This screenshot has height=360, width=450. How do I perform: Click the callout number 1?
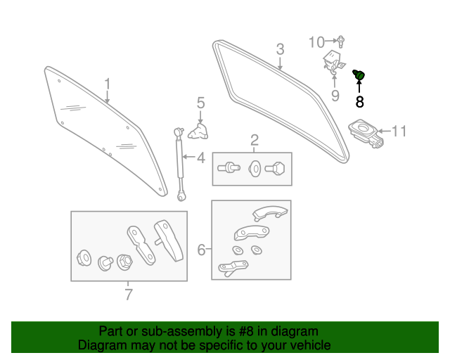coord(108,84)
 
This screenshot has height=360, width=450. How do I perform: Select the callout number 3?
coord(280,50)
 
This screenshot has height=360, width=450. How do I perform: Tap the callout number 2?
coord(254,139)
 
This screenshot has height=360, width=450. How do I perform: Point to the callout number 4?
coord(200,158)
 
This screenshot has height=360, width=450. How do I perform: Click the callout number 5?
coord(200,103)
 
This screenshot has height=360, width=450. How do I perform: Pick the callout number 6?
coord(201,250)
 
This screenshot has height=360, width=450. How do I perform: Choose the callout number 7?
coord(128,295)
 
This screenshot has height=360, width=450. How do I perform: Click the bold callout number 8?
coord(359,102)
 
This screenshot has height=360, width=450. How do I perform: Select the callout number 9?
coord(335,95)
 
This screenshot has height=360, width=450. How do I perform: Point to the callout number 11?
coord(399,131)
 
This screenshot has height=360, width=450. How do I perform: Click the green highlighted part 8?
coord(359,75)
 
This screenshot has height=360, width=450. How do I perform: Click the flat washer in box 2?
coord(255,168)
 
